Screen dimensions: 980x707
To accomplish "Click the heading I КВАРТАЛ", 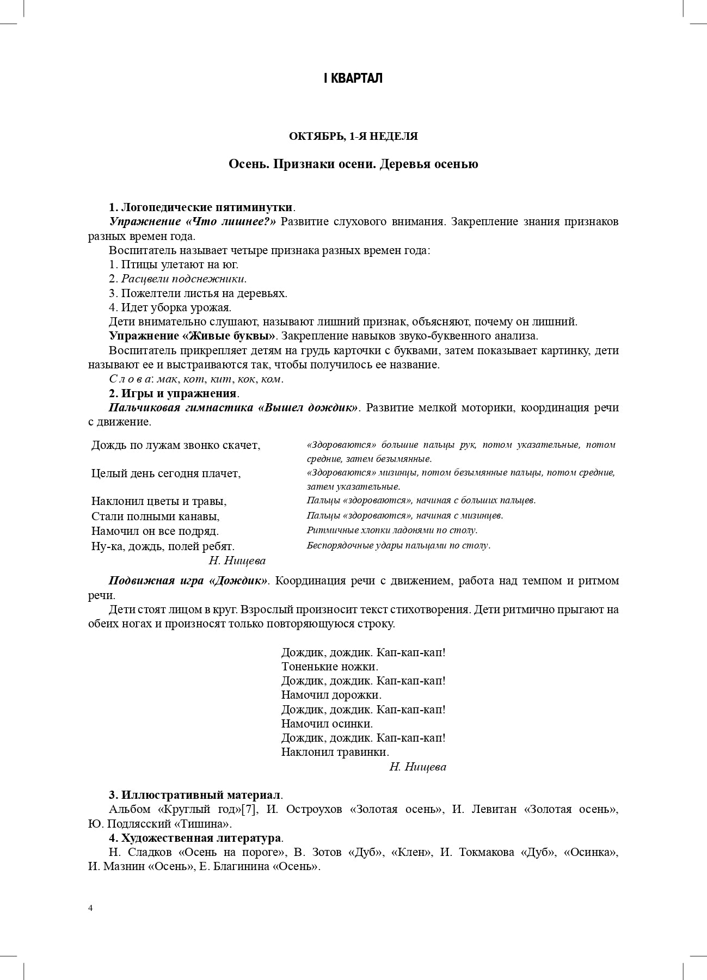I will (353, 78).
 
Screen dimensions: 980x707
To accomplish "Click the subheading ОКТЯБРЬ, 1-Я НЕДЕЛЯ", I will (353, 137).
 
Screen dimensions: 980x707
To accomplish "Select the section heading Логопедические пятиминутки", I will (207, 207).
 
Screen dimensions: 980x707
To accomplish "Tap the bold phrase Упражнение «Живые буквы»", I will (193, 336).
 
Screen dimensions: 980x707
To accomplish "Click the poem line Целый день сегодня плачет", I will (166, 473).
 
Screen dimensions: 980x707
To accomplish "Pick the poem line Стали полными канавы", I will (156, 516).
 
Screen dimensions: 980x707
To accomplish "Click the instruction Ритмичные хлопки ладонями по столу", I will (392, 530).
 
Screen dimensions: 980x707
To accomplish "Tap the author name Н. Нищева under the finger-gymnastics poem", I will (237, 560).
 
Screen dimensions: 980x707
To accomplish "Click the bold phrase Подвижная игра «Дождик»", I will (188, 581).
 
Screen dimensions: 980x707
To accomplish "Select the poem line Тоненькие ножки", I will (329, 667).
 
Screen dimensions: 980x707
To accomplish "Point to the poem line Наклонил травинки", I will (335, 752).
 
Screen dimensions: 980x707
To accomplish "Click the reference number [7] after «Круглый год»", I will (249, 809).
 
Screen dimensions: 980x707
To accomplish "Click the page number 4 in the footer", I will (90, 908).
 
